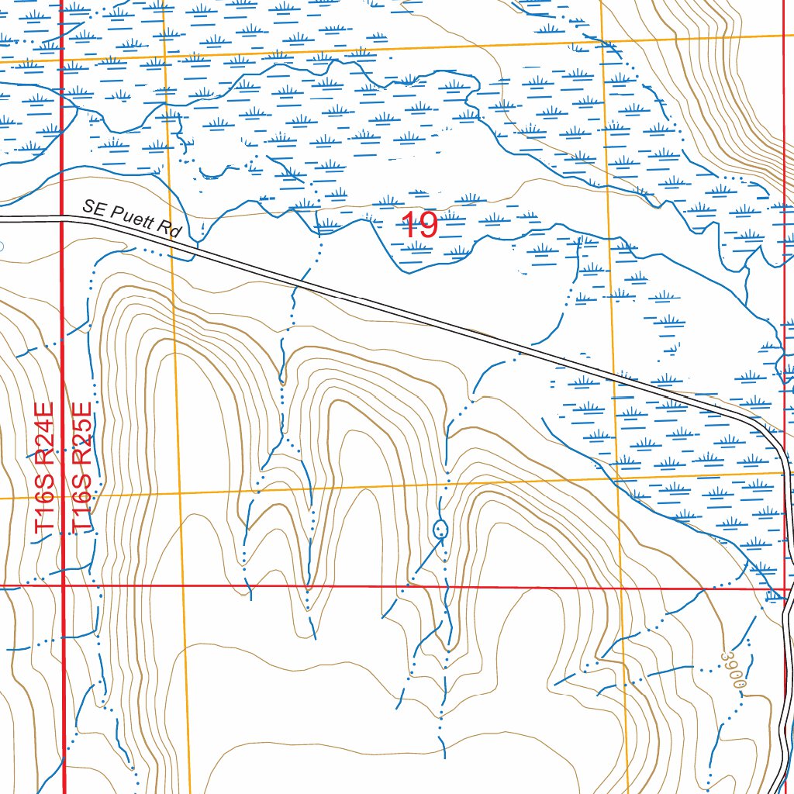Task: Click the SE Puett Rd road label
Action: tap(132, 219)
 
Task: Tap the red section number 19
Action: tap(420, 226)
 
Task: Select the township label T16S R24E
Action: tap(45, 468)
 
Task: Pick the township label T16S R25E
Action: tap(81, 468)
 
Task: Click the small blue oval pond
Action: tap(440, 530)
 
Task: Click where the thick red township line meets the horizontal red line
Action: tap(62, 587)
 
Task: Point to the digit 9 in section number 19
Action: tap(429, 226)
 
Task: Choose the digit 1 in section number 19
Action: tap(409, 226)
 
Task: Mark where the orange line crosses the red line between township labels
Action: tap(62, 496)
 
